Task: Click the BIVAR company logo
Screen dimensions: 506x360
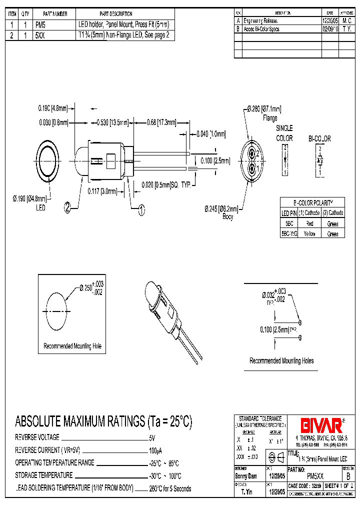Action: click(x=320, y=425)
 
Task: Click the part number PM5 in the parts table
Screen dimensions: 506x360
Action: click(x=40, y=24)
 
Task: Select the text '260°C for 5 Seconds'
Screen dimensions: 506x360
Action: click(x=170, y=488)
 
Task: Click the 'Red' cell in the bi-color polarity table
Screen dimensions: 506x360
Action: click(x=310, y=224)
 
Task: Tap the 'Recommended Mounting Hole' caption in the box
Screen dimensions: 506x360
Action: click(x=72, y=346)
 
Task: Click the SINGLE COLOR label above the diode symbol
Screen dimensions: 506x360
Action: click(x=284, y=133)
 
